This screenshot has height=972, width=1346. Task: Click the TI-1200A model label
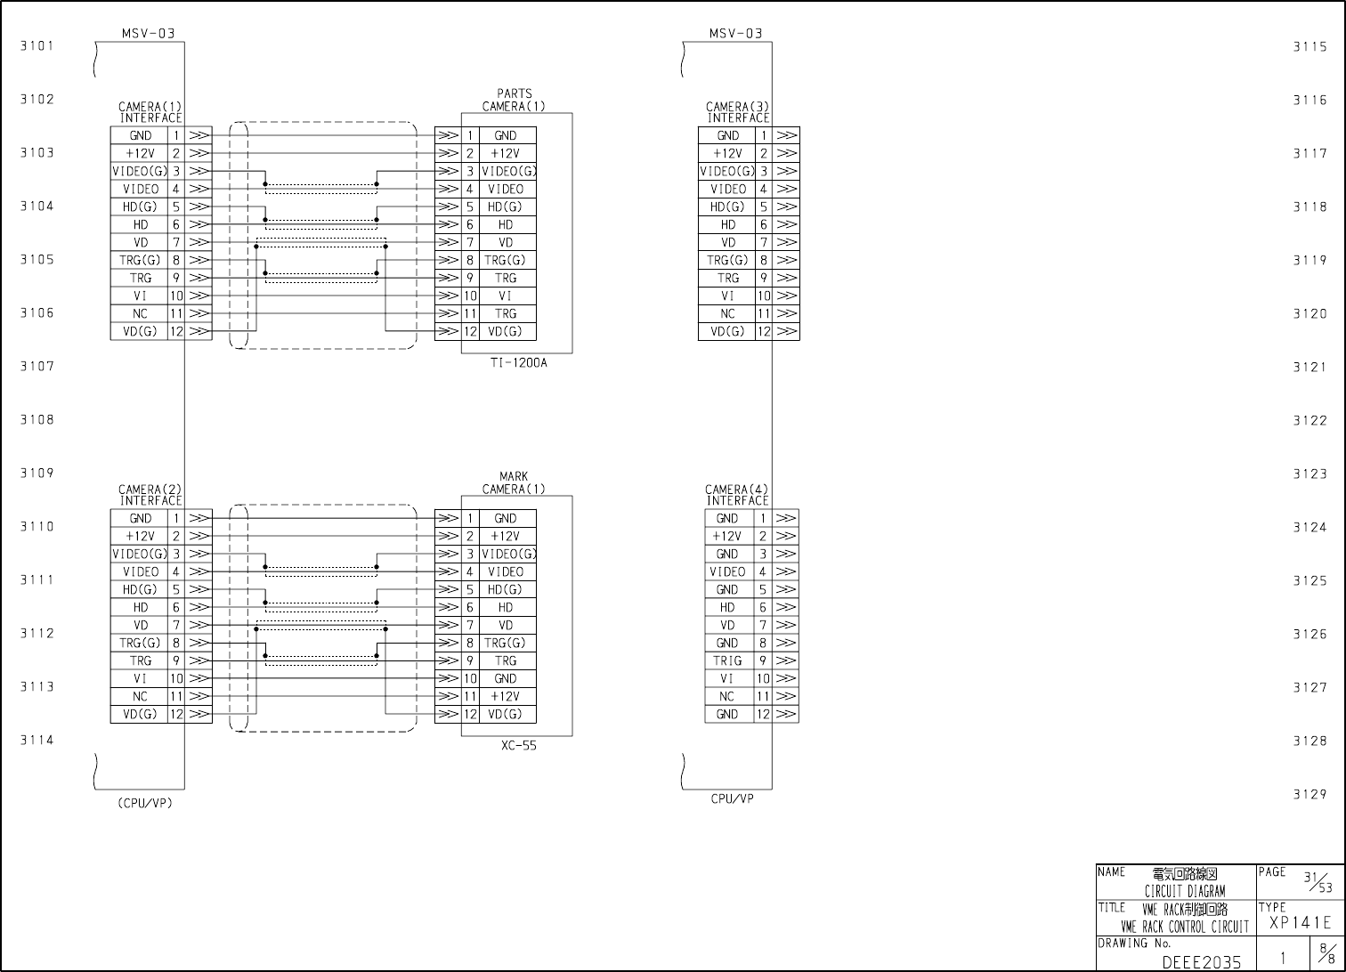[518, 362]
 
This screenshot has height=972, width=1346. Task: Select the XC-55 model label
[518, 746]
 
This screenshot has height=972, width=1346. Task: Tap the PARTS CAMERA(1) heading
[514, 100]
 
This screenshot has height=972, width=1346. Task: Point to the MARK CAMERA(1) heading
[514, 482]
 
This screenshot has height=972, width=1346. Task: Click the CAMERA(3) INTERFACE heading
[737, 112]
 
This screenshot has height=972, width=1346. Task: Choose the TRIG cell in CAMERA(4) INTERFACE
[727, 660]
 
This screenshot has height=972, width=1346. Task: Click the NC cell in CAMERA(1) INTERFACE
[140, 313]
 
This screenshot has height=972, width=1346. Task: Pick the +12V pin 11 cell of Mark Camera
[505, 696]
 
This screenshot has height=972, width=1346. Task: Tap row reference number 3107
[37, 366]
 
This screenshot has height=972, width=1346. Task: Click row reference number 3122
[1310, 420]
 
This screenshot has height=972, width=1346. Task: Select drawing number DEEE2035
[1201, 962]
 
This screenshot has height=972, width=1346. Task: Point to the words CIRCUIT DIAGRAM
[1184, 891]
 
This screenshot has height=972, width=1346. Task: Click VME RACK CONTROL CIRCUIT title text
[1185, 927]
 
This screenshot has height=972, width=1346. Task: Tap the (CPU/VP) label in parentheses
[144, 803]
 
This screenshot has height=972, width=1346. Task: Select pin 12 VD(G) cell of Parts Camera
[505, 331]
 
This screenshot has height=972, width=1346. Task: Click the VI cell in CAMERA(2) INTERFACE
[140, 678]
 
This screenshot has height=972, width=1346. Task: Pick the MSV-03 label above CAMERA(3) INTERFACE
[735, 34]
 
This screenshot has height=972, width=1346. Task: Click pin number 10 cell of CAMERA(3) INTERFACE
[764, 296]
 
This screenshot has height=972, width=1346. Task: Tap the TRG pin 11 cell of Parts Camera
[505, 313]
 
